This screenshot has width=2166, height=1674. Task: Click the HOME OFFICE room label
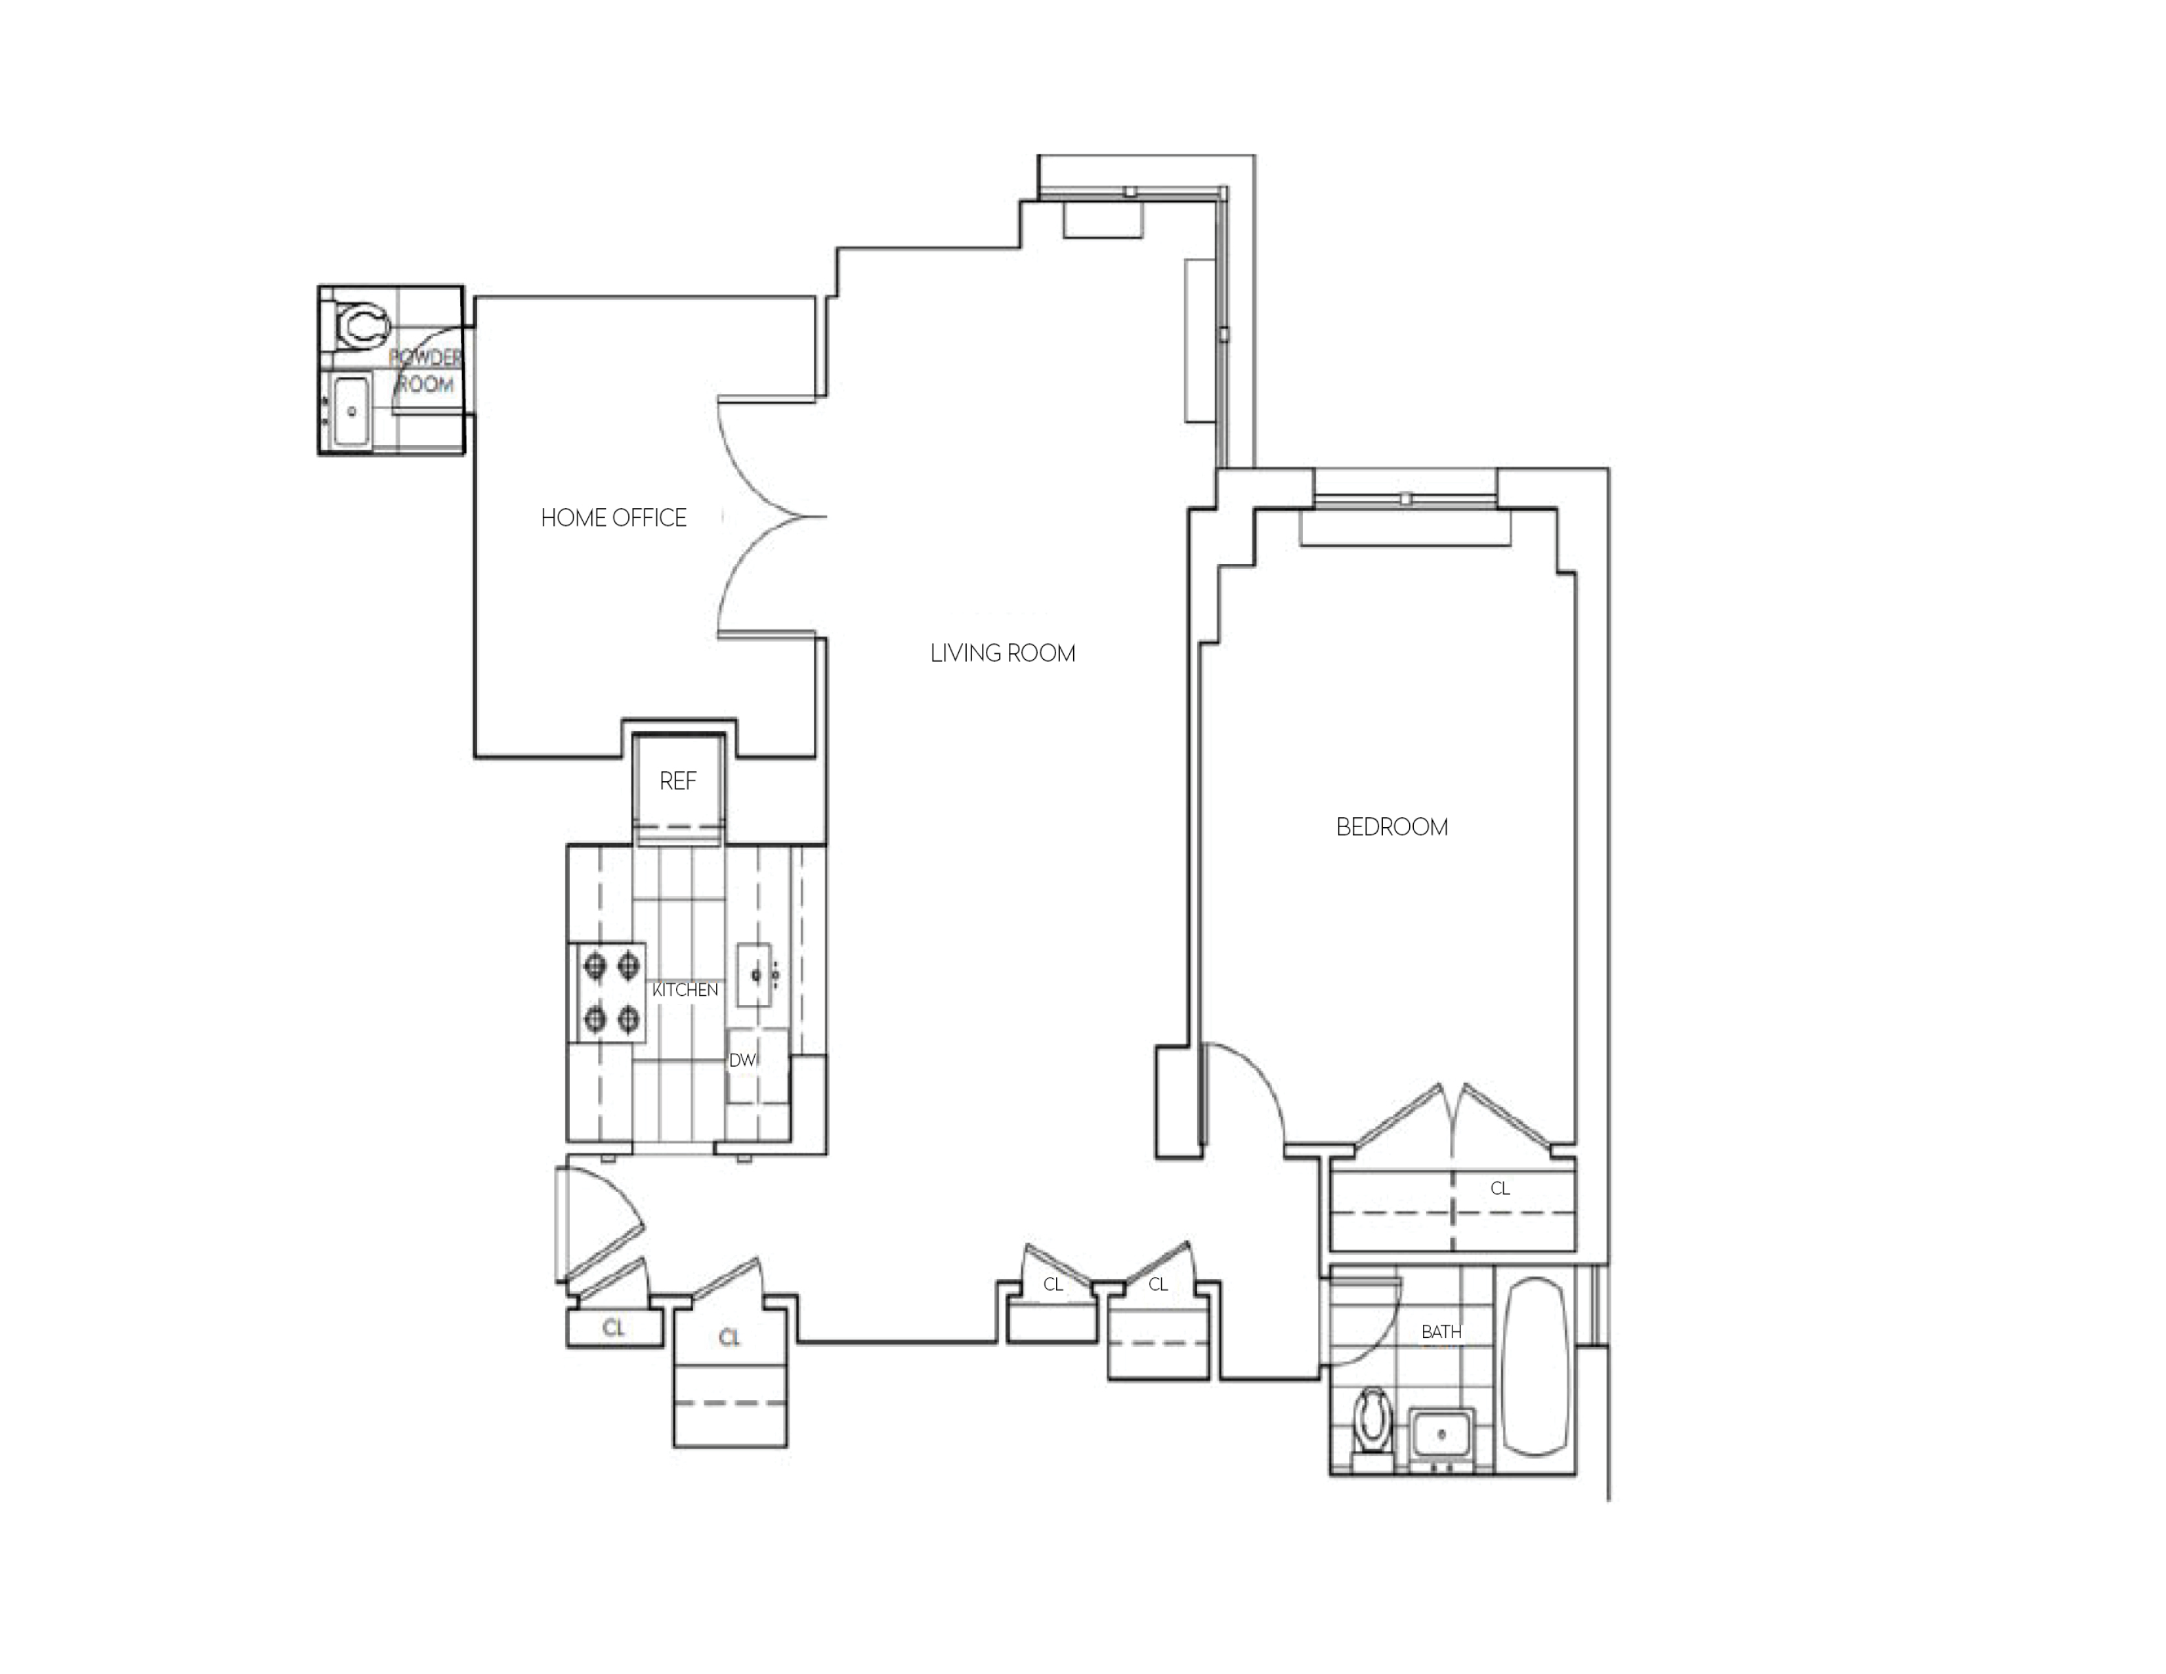click(x=613, y=518)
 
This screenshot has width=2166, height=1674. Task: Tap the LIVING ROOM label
click(x=1003, y=654)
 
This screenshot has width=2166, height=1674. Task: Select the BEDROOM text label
click(x=1391, y=827)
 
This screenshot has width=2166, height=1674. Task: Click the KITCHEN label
click(x=685, y=990)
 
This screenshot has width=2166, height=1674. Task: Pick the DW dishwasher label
click(x=743, y=1060)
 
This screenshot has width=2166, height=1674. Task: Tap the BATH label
click(x=1441, y=1332)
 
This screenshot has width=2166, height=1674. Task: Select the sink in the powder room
click(x=350, y=410)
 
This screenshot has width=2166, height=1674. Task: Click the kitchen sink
click(x=755, y=975)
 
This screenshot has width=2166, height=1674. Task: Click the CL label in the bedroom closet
click(x=1500, y=1188)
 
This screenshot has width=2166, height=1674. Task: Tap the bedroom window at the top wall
click(x=1405, y=500)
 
